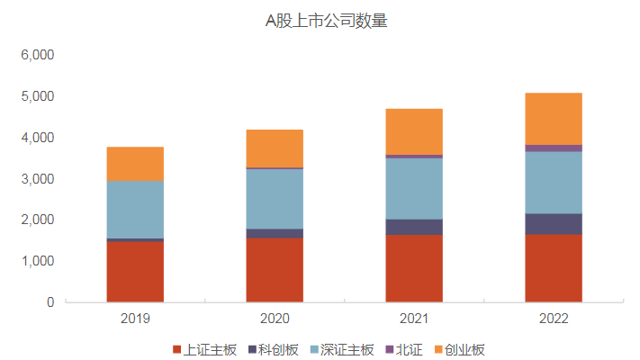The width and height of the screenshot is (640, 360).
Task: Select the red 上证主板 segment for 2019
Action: coord(135,271)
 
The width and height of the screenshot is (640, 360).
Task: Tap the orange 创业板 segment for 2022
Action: coord(554,118)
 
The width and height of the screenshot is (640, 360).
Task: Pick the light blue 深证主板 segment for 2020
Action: coord(275,198)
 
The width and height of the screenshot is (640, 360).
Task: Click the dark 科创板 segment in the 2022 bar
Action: coord(554,223)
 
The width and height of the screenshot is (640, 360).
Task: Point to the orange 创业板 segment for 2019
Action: coord(135,164)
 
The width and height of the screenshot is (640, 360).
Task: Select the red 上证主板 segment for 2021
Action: coord(414,268)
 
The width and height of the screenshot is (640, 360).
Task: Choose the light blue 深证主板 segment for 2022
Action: coord(554,182)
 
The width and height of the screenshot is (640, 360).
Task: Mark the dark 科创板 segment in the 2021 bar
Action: coord(414,227)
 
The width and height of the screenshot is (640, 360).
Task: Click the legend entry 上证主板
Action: coord(206,348)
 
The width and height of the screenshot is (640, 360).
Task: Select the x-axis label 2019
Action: coord(135,319)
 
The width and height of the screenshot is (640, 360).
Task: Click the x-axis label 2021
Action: coord(414,319)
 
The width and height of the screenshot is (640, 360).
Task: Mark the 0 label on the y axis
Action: coord(50,302)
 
